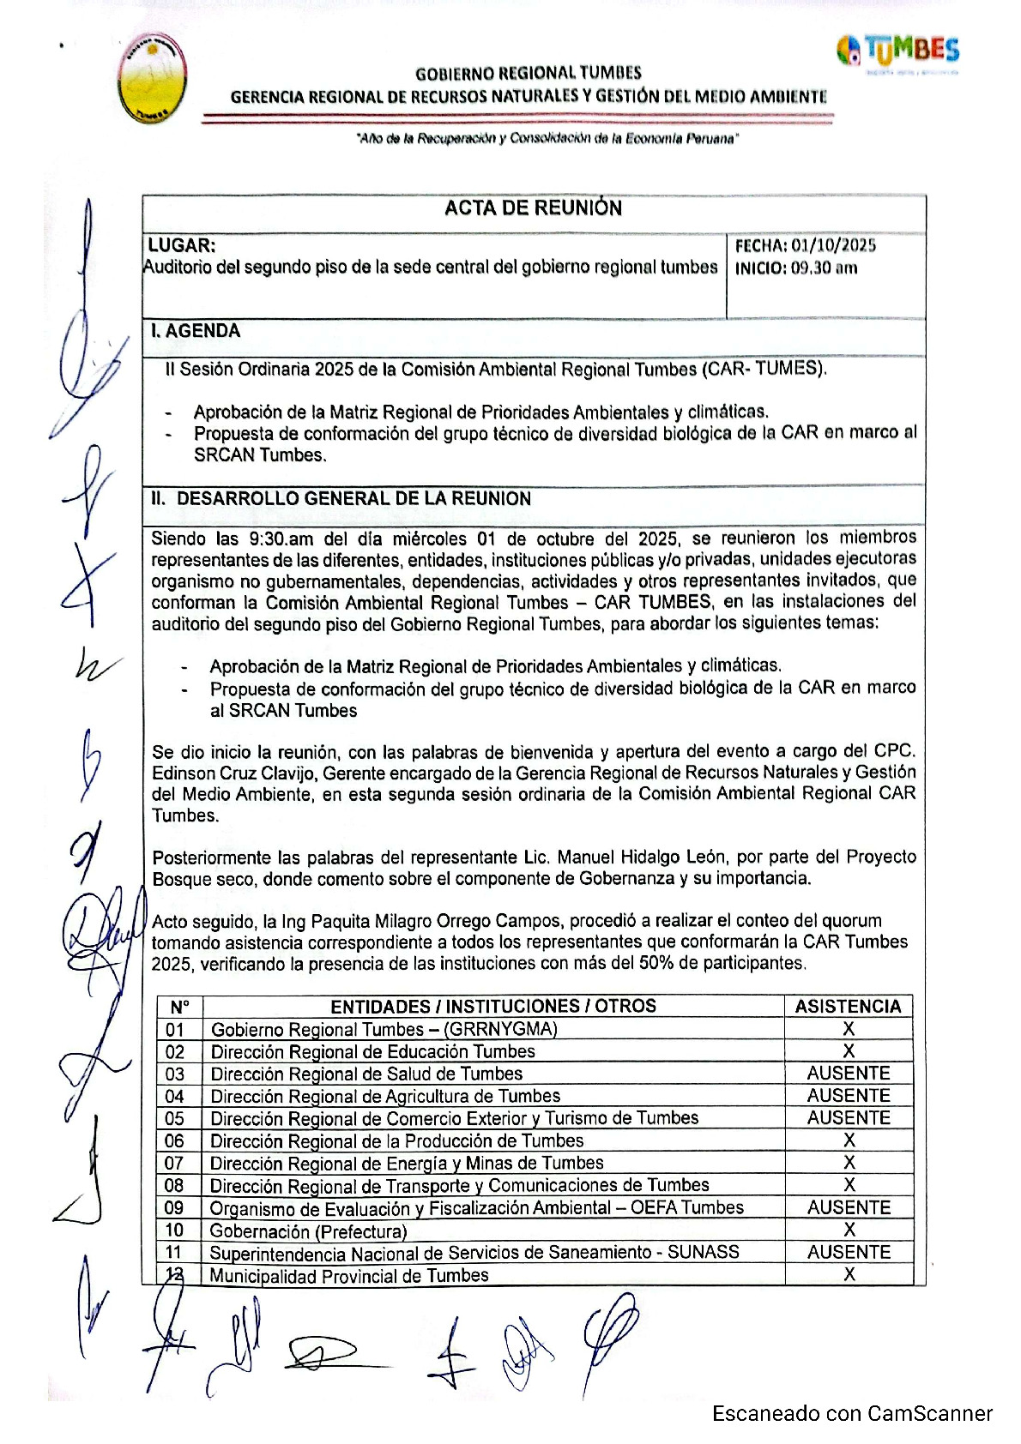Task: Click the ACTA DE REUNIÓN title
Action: coord(533,208)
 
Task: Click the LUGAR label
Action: coord(181,245)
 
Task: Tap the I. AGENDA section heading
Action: coord(196,331)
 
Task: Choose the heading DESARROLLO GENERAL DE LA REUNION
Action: coord(353,498)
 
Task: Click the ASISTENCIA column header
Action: coord(848,1006)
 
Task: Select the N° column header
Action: coord(179,1007)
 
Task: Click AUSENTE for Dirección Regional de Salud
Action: coord(849,1074)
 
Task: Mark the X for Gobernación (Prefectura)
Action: coord(849,1230)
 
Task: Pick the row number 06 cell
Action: coord(175,1140)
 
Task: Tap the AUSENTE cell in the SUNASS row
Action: coord(849,1252)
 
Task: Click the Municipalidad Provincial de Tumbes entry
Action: coord(349,1275)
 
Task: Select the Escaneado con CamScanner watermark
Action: coord(852,1413)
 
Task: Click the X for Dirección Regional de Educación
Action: coord(849,1051)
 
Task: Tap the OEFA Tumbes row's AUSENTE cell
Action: coord(849,1207)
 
